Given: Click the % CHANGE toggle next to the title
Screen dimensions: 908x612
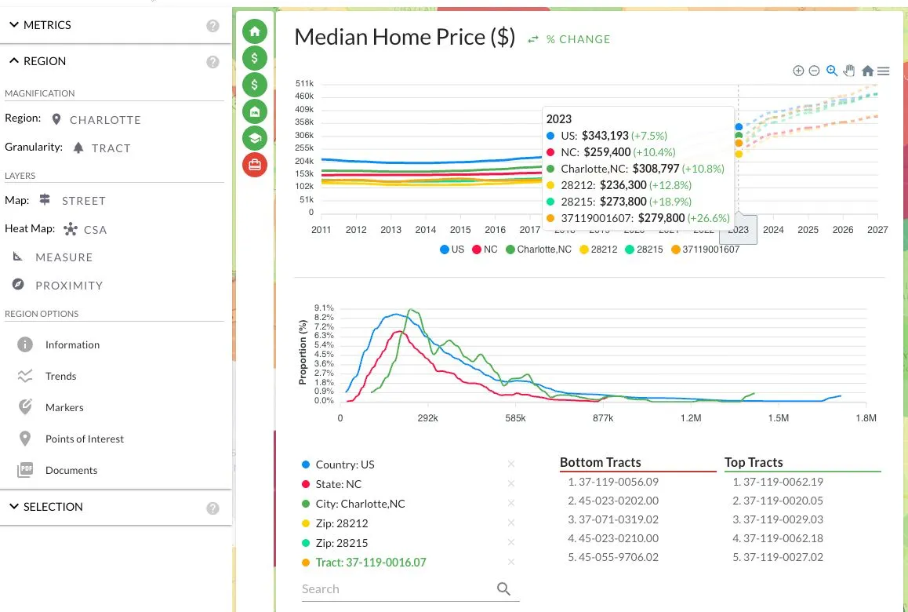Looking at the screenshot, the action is pyautogui.click(x=569, y=39).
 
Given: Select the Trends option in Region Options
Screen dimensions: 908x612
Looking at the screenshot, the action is pyautogui.click(x=60, y=376).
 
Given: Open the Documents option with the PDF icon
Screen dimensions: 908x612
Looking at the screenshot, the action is pyautogui.click(x=71, y=470).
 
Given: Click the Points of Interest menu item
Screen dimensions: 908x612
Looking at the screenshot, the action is pyautogui.click(x=85, y=439).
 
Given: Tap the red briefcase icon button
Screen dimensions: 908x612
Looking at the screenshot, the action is pyautogui.click(x=255, y=165).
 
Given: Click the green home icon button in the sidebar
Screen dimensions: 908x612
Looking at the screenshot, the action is pyautogui.click(x=255, y=31).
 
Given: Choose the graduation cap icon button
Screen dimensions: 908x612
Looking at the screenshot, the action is pyautogui.click(x=255, y=138).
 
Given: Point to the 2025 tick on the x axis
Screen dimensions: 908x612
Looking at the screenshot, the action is pyautogui.click(x=808, y=230).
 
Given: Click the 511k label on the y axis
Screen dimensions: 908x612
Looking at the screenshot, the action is pyautogui.click(x=304, y=83).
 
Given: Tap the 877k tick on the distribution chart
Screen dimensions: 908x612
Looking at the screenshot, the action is pyautogui.click(x=603, y=418).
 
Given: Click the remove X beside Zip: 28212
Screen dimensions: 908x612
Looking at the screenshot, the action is pyautogui.click(x=510, y=523).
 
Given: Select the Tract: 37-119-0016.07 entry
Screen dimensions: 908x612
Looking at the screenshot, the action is pyautogui.click(x=371, y=562).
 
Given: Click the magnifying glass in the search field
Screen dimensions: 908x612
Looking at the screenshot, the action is pyautogui.click(x=503, y=588).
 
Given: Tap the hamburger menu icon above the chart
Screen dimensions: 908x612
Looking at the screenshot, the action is pyautogui.click(x=883, y=71).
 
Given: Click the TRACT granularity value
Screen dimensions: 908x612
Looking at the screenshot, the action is pyautogui.click(x=111, y=148).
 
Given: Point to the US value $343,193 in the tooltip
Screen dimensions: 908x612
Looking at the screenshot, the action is pyautogui.click(x=605, y=136).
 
